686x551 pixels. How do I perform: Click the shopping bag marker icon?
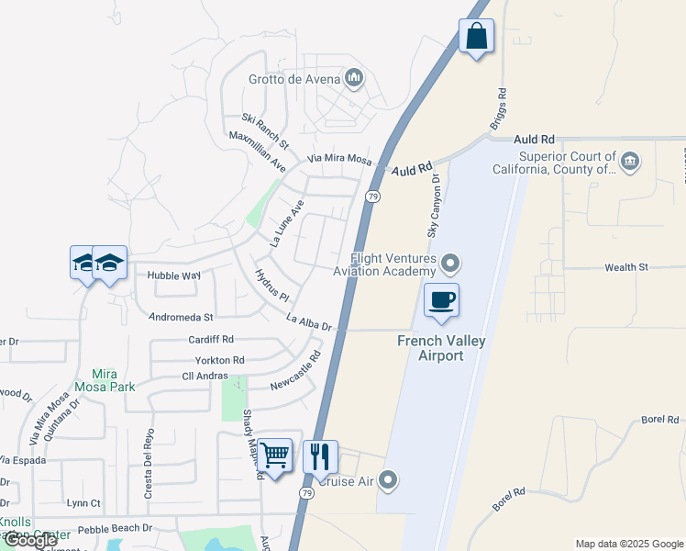[x=476, y=37]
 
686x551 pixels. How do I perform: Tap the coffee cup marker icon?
[x=441, y=300]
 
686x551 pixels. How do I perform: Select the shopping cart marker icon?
[x=274, y=455]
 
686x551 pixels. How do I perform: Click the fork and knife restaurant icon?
[x=320, y=456]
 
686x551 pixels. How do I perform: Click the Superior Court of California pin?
[x=629, y=163]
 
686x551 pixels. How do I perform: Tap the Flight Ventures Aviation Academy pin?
[x=449, y=264]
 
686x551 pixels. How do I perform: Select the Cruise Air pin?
[x=388, y=479]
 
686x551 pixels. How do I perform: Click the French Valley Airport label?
[x=441, y=348]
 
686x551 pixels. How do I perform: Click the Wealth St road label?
[x=625, y=267]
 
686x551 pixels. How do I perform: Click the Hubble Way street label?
[x=168, y=275]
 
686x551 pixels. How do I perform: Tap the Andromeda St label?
[x=181, y=317]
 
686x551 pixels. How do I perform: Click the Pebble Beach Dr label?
[x=115, y=530]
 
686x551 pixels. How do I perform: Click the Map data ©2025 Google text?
[x=629, y=544]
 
